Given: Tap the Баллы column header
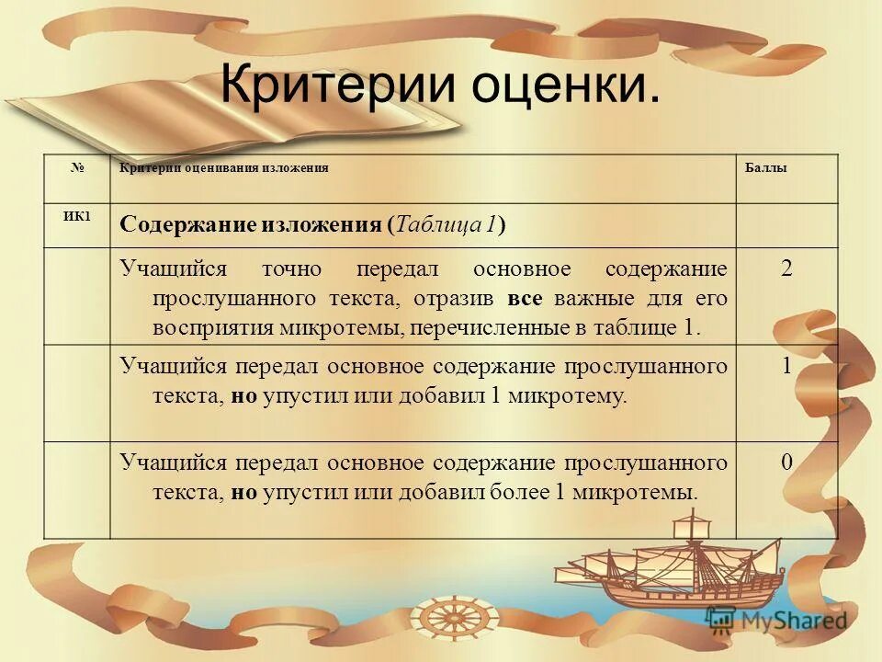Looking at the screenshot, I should click(x=764, y=168).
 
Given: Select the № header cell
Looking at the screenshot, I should click(x=76, y=168).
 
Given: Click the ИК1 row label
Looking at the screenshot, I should click(x=76, y=216).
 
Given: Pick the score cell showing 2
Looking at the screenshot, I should click(x=786, y=269).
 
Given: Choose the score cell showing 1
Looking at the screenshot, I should click(x=786, y=366).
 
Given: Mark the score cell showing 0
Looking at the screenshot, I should click(x=786, y=462).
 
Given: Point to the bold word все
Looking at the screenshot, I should click(x=523, y=299).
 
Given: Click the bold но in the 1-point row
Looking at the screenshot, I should click(x=243, y=396).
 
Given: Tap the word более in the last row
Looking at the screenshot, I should click(x=518, y=493).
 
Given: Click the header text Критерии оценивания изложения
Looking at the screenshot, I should click(x=224, y=168).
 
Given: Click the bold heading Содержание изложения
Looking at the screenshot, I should click(x=252, y=225).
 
